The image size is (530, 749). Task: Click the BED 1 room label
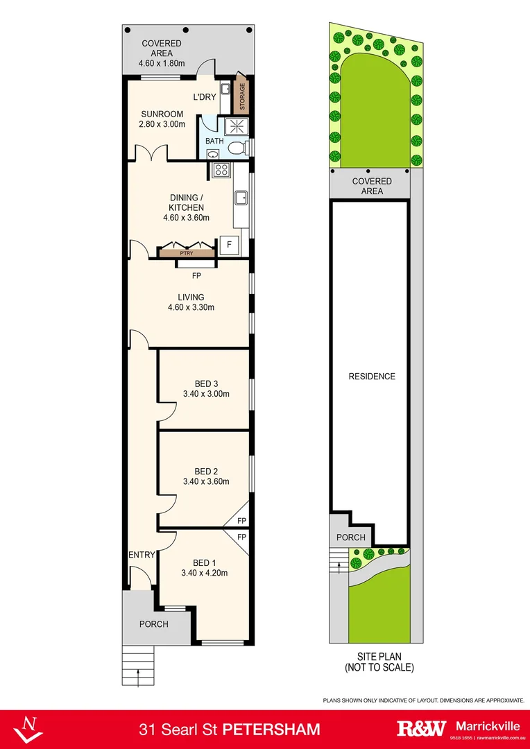[x=204, y=562]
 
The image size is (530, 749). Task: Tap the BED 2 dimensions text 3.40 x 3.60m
[x=205, y=481]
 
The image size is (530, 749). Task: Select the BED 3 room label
[x=205, y=384]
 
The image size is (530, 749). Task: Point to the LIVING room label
[x=190, y=297]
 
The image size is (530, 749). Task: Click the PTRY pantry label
[x=187, y=253]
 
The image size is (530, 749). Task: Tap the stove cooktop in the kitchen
[x=221, y=169]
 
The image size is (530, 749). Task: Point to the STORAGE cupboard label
[x=242, y=96]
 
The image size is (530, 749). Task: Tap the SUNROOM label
[x=162, y=114]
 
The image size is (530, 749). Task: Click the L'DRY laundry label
[x=204, y=97]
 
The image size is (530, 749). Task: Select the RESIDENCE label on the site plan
[x=372, y=377]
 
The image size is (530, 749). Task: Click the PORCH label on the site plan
[x=350, y=537]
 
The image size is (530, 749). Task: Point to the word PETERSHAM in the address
[x=275, y=729]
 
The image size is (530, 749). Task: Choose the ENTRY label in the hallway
[x=141, y=554]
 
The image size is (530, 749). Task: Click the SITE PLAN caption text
[x=379, y=656]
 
